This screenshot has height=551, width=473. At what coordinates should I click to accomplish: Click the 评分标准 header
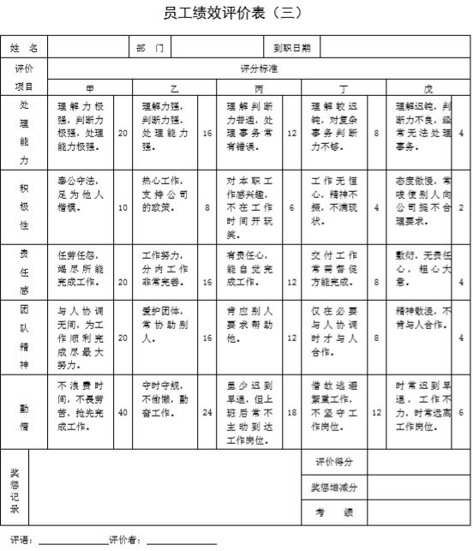[x=257, y=68]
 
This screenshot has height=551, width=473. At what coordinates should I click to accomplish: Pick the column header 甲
[x=90, y=87]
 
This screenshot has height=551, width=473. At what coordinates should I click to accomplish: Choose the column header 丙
[x=259, y=87]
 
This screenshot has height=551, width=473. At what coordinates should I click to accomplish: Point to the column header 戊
[x=428, y=87]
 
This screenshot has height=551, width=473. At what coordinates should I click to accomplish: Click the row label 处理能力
[x=24, y=132]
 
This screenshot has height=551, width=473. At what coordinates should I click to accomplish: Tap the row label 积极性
[x=24, y=206]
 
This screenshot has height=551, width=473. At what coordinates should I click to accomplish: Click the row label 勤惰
[x=24, y=414]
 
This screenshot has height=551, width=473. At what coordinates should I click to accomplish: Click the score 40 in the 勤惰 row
[x=123, y=412]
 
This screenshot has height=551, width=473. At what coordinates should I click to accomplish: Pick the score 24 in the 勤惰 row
[x=207, y=412]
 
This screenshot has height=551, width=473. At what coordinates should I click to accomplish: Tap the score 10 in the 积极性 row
[x=123, y=207]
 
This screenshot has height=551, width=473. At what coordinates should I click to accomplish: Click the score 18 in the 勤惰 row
[x=291, y=412]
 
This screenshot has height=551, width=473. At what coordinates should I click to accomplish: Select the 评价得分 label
[x=334, y=462]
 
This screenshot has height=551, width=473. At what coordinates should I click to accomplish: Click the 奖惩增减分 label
[x=334, y=487]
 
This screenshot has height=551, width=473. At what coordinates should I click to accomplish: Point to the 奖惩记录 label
[x=15, y=488]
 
